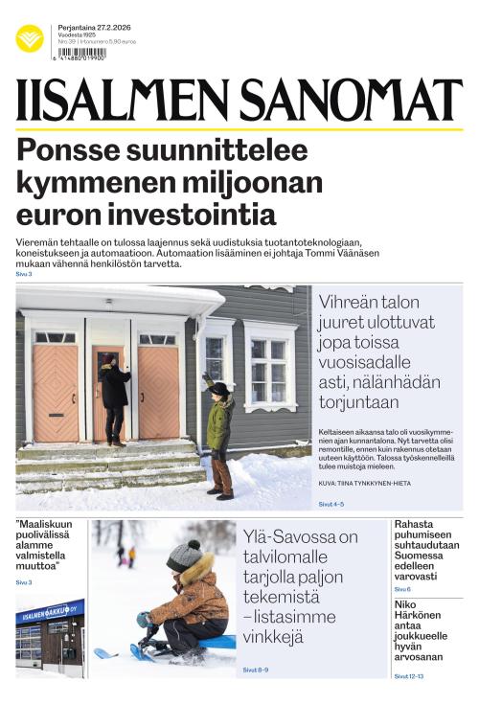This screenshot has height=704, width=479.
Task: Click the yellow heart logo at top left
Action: click(30, 38)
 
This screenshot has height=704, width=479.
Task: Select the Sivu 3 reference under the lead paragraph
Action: click(24, 275)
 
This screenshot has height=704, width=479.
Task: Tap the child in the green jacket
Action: click(220, 436)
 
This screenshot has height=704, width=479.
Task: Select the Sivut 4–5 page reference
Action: click(331, 502)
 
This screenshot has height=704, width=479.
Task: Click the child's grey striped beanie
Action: click(181, 556)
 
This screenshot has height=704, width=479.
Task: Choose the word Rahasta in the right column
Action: click(416, 524)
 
